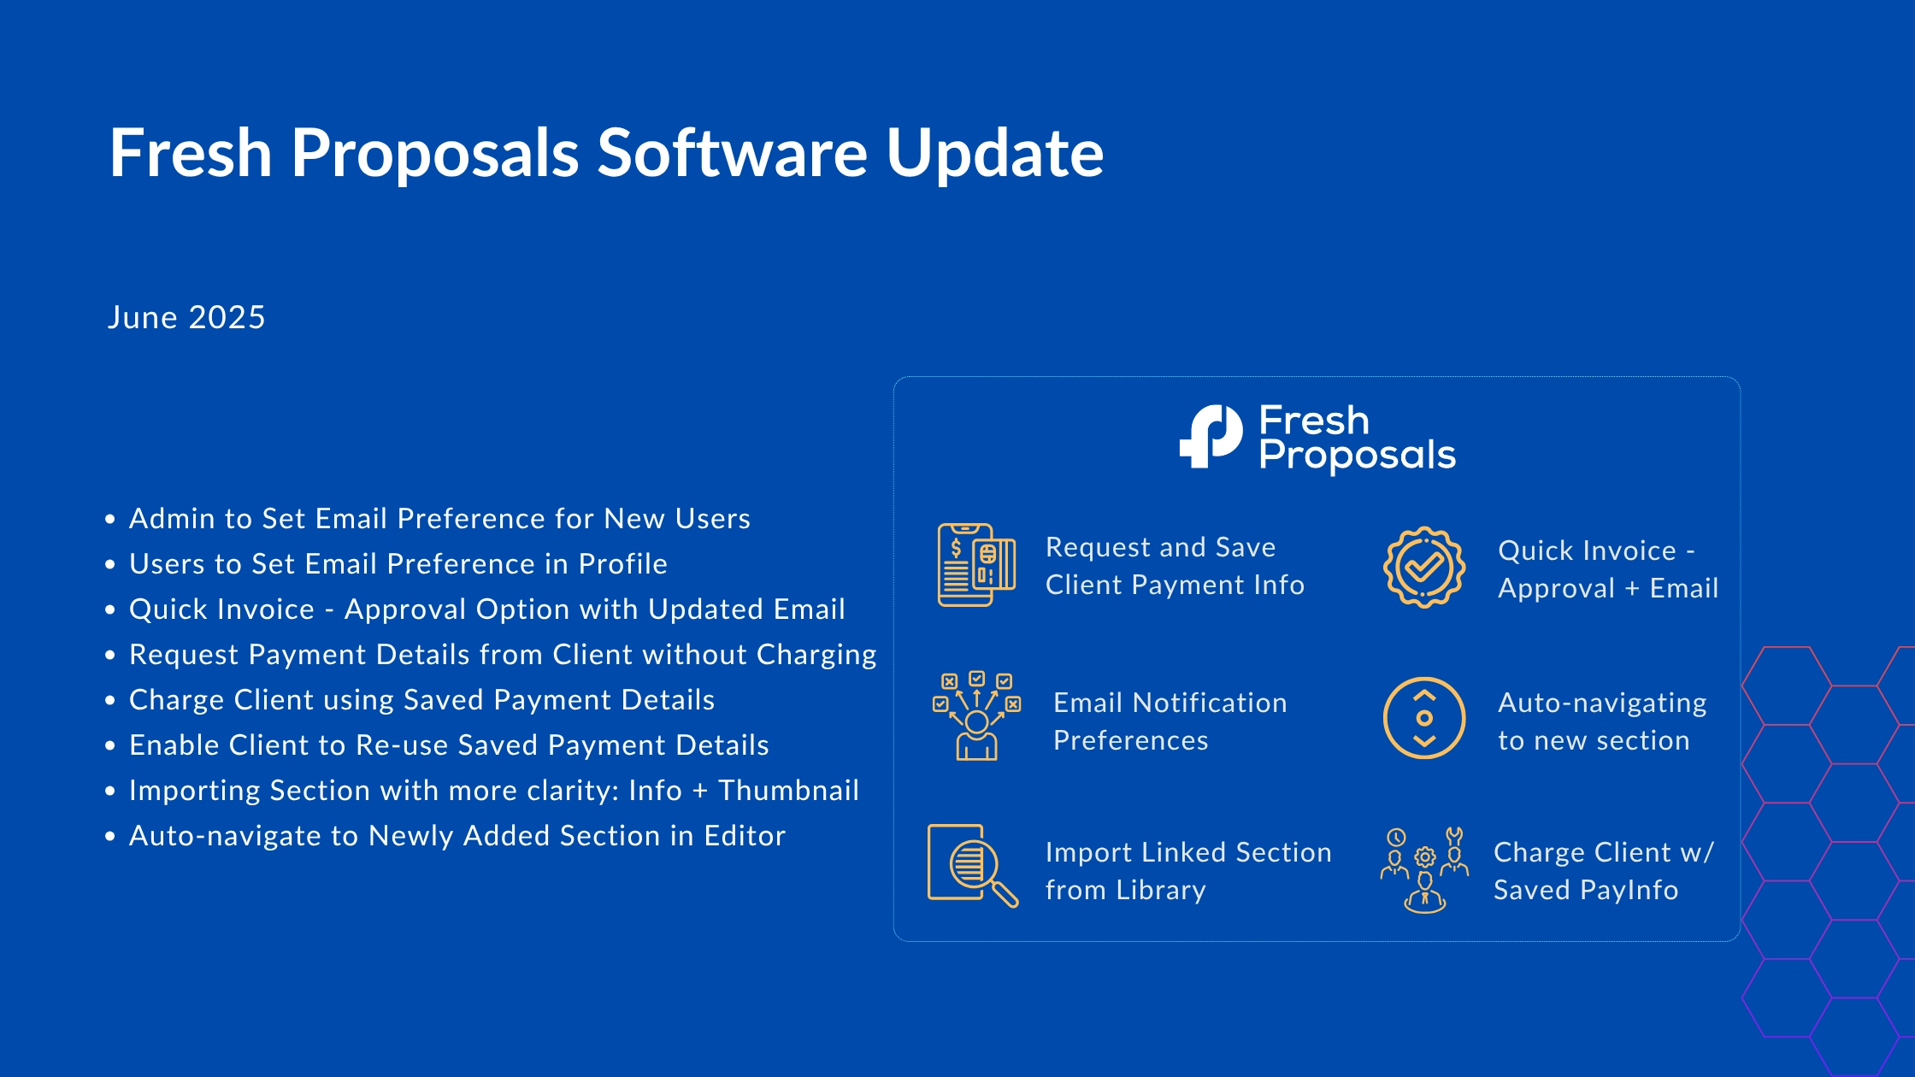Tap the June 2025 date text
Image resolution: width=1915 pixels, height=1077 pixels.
point(186,317)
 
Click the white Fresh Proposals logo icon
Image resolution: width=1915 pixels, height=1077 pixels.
point(1211,436)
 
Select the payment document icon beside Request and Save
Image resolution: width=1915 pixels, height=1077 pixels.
point(976,565)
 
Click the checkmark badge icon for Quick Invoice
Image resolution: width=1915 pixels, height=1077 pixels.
point(1424,567)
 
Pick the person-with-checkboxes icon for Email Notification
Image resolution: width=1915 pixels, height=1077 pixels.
point(976,716)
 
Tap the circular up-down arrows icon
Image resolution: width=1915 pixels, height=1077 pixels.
point(1424,718)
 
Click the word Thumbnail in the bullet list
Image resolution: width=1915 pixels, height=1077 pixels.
point(788,791)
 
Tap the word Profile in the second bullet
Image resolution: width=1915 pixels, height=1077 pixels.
point(622,564)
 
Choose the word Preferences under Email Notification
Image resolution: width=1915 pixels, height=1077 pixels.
point(1130,740)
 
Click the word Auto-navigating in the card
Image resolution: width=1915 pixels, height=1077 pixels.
point(1602,703)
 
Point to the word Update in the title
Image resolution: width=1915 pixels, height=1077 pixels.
point(995,154)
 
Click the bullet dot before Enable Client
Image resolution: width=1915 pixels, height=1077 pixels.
point(110,746)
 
